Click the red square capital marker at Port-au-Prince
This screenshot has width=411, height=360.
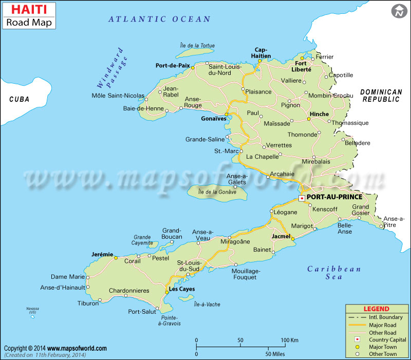click(x=302, y=198)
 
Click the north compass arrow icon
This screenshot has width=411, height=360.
click(x=398, y=11)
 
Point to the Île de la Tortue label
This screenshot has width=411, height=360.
click(x=197, y=46)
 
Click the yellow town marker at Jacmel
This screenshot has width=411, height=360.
click(x=292, y=239)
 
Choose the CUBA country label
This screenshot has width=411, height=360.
click(x=19, y=99)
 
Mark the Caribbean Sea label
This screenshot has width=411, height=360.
click(x=334, y=273)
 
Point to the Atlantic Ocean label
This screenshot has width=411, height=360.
click(x=159, y=19)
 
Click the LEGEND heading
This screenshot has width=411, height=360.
click(x=376, y=309)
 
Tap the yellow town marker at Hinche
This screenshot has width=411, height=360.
click(x=309, y=119)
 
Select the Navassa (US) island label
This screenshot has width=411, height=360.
click(x=32, y=310)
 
